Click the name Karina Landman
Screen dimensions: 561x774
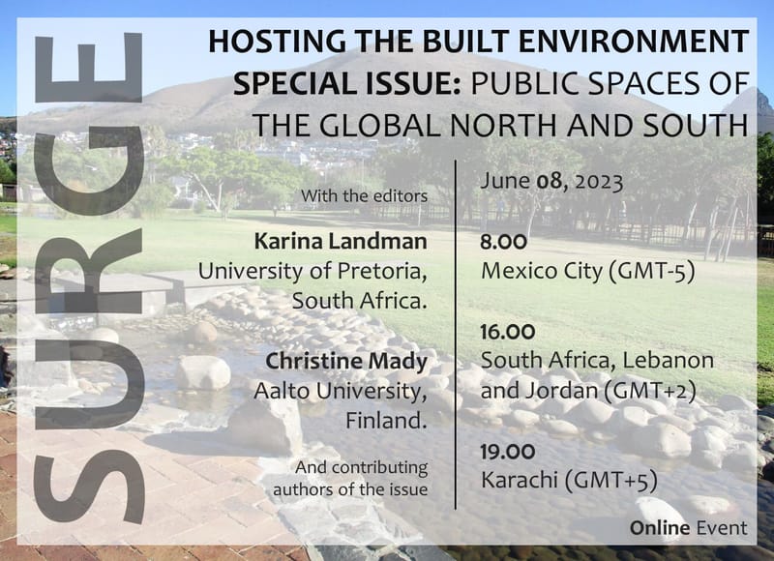340,242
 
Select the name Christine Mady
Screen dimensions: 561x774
346,363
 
